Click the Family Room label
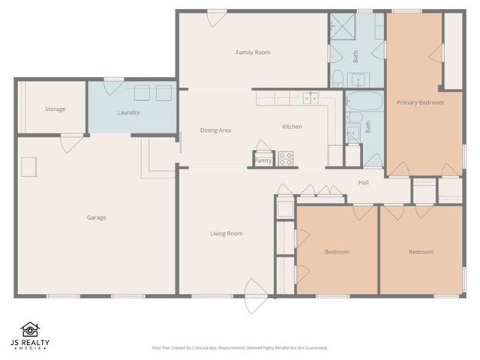point(253,52)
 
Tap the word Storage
point(55,109)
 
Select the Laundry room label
point(129,112)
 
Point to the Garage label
point(96,218)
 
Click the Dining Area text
point(215,130)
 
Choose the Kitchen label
point(292,127)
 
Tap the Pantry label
point(263,160)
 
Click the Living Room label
point(226,234)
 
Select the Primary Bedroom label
point(420,103)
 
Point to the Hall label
point(363,182)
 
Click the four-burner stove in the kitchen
point(286,158)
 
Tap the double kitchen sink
point(310,97)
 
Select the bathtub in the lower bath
point(365,100)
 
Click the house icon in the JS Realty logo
point(30,329)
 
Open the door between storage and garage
point(72,142)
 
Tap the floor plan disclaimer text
point(240,348)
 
